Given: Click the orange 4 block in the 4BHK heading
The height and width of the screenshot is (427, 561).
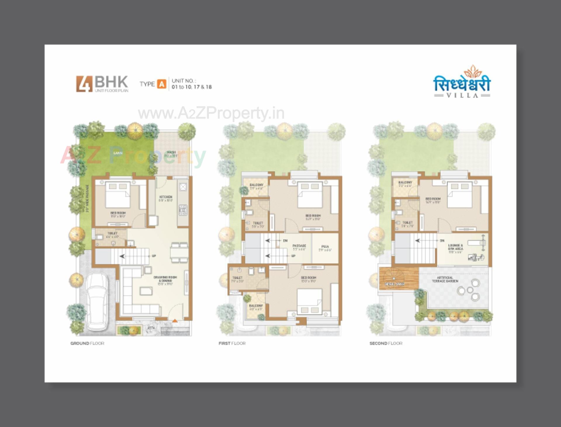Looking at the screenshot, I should click(x=84, y=84).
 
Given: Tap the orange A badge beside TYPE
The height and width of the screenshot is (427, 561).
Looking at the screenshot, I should click(x=161, y=84).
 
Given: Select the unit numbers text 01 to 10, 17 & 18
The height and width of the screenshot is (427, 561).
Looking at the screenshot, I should click(x=192, y=87).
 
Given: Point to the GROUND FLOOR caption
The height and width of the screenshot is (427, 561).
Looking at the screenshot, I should click(x=87, y=343).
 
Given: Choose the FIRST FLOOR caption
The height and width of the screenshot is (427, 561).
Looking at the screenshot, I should click(x=232, y=343).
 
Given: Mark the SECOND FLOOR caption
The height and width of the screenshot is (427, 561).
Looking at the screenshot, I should click(x=386, y=343).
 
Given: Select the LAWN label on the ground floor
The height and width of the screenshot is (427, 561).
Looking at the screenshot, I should click(x=118, y=153).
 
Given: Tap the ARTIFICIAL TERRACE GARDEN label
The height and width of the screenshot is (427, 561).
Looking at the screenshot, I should click(x=445, y=279).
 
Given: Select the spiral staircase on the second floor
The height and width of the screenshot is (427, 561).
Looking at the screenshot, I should click(x=394, y=279).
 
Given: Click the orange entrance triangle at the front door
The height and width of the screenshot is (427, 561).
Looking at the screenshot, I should click(x=174, y=321).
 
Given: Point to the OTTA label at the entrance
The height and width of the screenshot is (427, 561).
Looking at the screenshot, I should click(x=151, y=328).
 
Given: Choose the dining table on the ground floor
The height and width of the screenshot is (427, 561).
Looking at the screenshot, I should click(x=179, y=252).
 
